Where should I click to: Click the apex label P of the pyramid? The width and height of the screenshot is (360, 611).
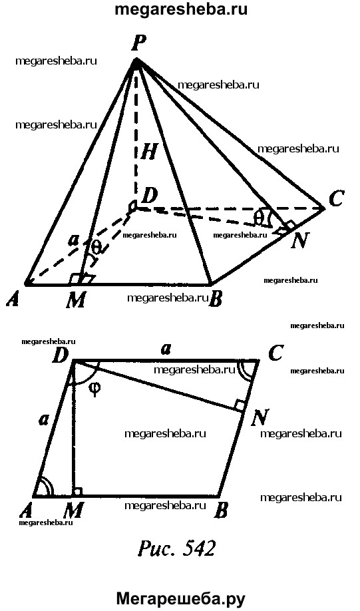click(137, 43)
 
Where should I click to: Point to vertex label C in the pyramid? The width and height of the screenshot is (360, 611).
click(335, 200)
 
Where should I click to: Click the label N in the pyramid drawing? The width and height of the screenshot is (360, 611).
click(300, 242)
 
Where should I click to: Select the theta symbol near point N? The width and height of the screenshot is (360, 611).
click(258, 218)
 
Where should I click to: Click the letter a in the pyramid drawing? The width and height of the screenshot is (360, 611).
click(72, 241)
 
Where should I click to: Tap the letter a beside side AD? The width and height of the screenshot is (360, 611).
click(43, 419)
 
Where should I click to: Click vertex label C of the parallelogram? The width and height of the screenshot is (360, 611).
click(276, 353)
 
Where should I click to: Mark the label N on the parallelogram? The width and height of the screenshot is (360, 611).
click(259, 418)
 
